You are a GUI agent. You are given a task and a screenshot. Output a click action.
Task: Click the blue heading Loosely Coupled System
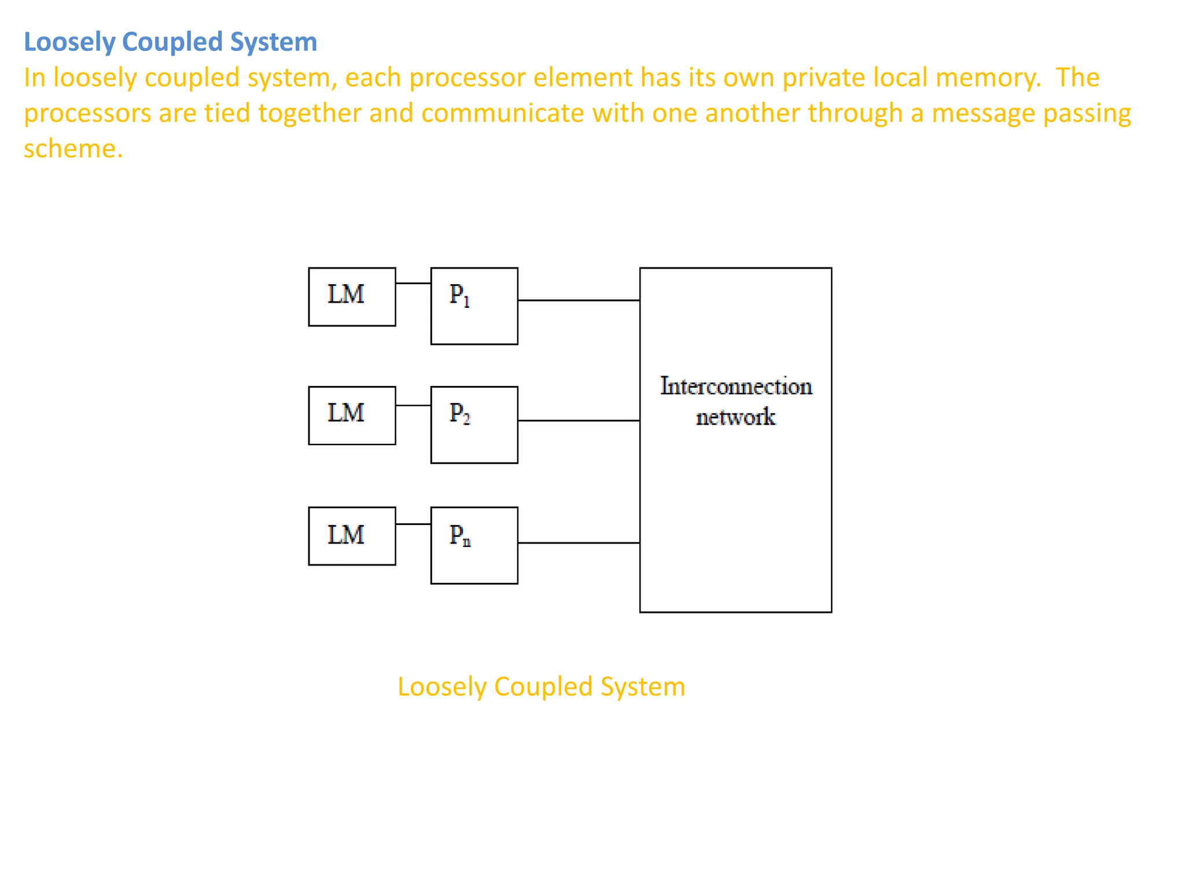point(170,42)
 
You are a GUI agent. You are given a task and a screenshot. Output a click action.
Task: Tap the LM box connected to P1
point(352,297)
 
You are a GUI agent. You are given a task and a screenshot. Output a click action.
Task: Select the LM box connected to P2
point(352,416)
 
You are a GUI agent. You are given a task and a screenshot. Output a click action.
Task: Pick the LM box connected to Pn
point(352,536)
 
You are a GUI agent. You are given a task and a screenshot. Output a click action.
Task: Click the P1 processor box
point(474,306)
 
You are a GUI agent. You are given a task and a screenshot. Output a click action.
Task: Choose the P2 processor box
point(474,425)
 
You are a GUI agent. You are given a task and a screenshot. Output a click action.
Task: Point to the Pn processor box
point(474,545)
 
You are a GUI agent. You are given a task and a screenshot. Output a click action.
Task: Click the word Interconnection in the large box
point(735,387)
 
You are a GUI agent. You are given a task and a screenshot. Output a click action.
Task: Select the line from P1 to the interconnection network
point(579,300)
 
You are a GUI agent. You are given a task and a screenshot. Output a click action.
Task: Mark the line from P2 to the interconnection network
point(579,421)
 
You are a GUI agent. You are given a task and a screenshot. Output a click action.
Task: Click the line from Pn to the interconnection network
point(579,543)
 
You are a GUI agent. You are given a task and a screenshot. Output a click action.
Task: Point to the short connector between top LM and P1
point(413,284)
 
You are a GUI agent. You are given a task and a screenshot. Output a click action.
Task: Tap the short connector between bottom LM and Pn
point(413,524)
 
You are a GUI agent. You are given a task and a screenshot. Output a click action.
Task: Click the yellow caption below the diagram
point(541,687)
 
